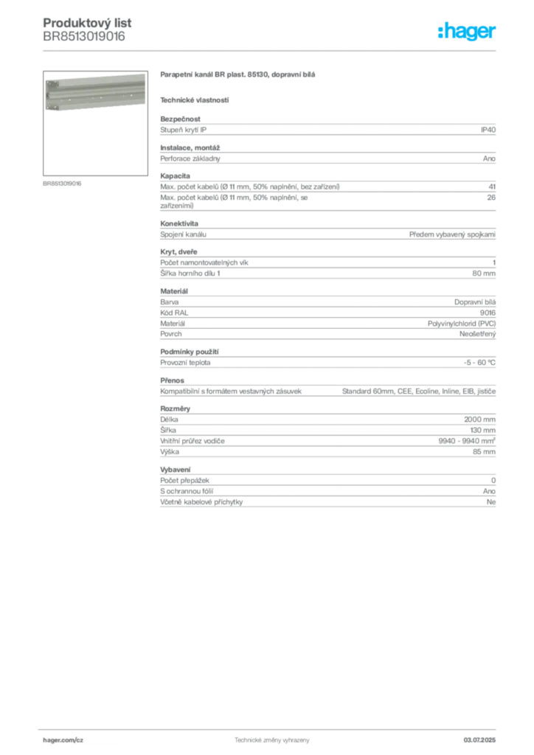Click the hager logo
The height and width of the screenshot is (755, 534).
(x=466, y=31)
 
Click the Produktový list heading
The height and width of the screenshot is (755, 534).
(x=87, y=23)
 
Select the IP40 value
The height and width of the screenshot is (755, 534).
(x=488, y=130)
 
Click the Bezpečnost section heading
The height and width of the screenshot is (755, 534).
(x=180, y=119)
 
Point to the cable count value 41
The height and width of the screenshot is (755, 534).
(x=492, y=187)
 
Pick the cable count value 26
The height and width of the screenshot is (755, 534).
(x=491, y=198)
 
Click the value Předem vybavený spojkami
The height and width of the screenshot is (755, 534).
(x=452, y=234)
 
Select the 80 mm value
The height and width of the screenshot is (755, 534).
(x=483, y=274)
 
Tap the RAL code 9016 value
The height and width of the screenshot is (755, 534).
(x=488, y=313)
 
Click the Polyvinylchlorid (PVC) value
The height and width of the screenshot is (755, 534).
(x=461, y=324)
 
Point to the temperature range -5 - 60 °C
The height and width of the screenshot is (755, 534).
(x=479, y=363)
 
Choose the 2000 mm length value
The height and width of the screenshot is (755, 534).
(x=479, y=420)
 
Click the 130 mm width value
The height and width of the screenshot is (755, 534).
(x=482, y=431)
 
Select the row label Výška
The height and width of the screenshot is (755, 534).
(x=170, y=452)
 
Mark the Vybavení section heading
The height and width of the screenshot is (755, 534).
(x=176, y=470)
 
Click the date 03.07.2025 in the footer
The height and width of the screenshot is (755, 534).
(x=479, y=740)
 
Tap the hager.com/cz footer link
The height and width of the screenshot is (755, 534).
(x=63, y=740)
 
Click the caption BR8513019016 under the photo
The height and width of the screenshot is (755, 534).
(x=62, y=184)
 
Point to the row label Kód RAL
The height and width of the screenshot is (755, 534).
(x=174, y=313)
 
